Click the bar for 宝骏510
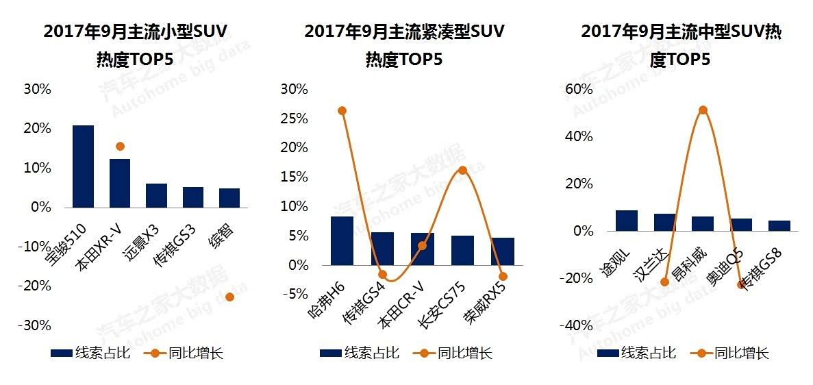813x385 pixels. click(x=83, y=166)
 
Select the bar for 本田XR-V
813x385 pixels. click(x=120, y=183)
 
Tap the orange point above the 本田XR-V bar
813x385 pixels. click(x=120, y=146)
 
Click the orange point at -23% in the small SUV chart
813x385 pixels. click(x=229, y=297)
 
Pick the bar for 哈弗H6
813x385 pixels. click(x=342, y=240)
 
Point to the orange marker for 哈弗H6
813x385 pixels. click(x=342, y=110)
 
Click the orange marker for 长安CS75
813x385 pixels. click(x=462, y=170)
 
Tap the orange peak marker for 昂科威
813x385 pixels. click(x=703, y=110)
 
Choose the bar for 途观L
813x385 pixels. click(x=626, y=221)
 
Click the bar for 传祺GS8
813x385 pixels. click(x=779, y=226)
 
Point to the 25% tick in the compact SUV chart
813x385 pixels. click(x=294, y=119)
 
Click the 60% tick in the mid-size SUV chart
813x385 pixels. click(x=578, y=89)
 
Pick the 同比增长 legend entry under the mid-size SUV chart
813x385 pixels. click(x=729, y=353)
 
